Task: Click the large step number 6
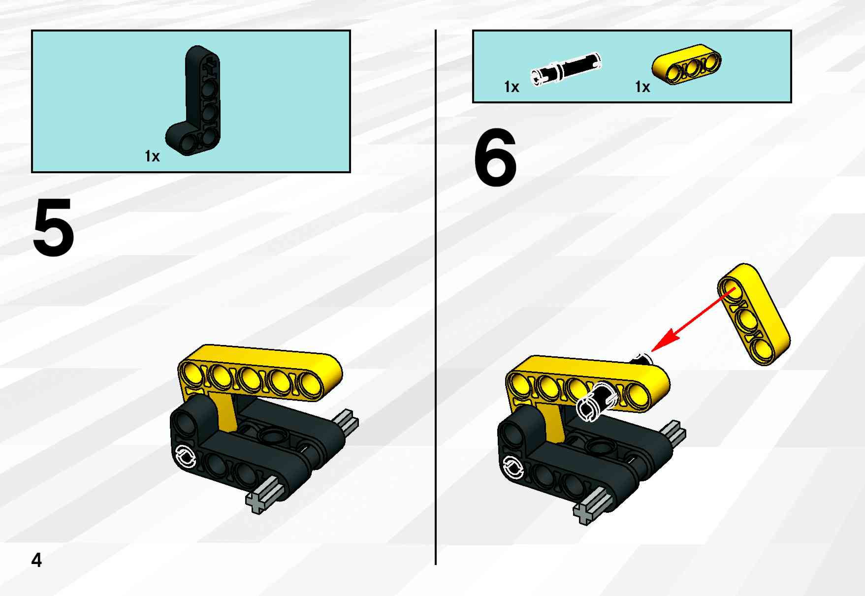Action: coord(495,157)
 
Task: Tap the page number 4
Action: coord(37,560)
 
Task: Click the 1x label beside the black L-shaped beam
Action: coord(152,156)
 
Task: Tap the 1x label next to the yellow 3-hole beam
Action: coord(642,87)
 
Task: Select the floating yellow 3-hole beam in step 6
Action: coord(754,314)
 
